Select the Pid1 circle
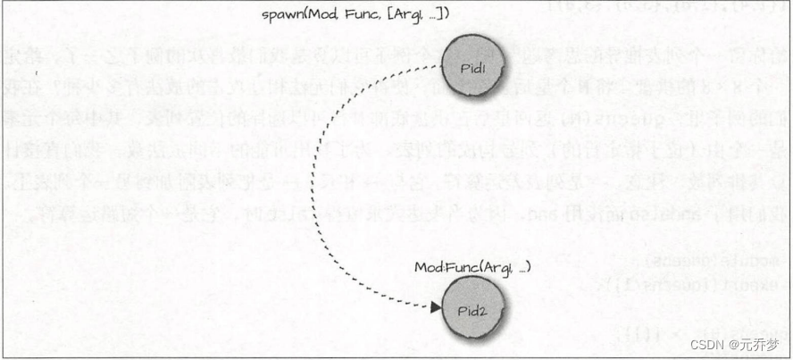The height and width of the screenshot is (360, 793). (x=473, y=68)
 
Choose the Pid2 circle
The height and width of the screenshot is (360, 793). (x=472, y=308)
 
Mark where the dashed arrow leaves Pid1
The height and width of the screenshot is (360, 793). (x=444, y=63)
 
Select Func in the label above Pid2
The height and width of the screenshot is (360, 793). (x=454, y=267)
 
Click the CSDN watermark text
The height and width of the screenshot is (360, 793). (x=711, y=344)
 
